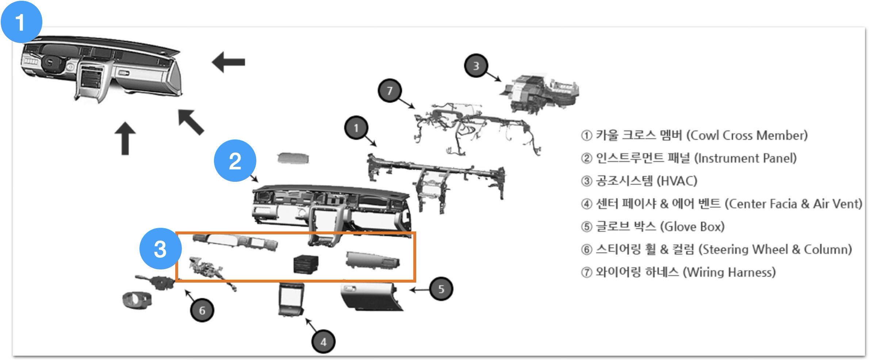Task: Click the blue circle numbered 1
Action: pyautogui.click(x=22, y=22)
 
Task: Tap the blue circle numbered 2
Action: pyautogui.click(x=235, y=161)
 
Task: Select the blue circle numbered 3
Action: pyautogui.click(x=160, y=249)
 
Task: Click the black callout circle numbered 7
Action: pyautogui.click(x=390, y=90)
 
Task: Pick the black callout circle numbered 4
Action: pyautogui.click(x=324, y=342)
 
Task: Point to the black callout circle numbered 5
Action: pyautogui.click(x=441, y=289)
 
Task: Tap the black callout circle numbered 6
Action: pyautogui.click(x=202, y=310)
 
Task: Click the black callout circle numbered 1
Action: pyautogui.click(x=356, y=128)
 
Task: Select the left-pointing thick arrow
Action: pyautogui.click(x=229, y=62)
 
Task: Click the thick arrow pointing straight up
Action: pyautogui.click(x=125, y=139)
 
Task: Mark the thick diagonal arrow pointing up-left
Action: pyautogui.click(x=191, y=122)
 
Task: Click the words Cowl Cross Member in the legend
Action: pyautogui.click(x=747, y=135)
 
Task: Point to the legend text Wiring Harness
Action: pyautogui.click(x=729, y=272)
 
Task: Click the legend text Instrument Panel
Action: pyautogui.click(x=745, y=158)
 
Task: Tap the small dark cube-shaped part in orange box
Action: pyautogui.click(x=306, y=264)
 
